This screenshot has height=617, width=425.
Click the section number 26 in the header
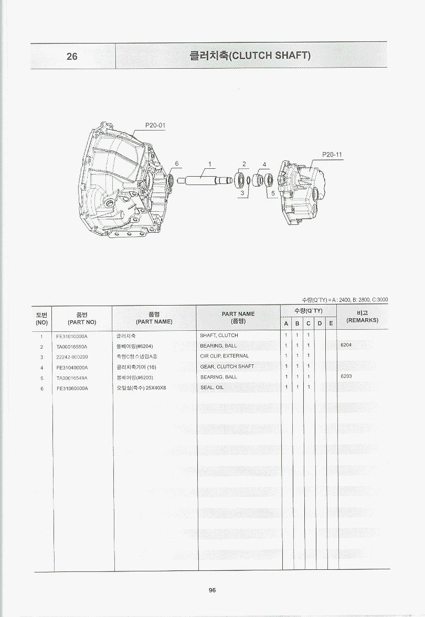[72, 56]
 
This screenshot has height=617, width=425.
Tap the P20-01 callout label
[155, 126]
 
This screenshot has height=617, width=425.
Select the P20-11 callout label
[332, 155]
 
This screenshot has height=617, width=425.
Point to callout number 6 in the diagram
[177, 164]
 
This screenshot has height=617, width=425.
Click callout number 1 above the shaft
[209, 164]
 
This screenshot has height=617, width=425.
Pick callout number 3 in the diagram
[242, 193]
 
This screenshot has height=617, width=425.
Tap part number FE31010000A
[72, 335]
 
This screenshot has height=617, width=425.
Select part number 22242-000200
[72, 356]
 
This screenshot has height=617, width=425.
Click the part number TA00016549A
[72, 377]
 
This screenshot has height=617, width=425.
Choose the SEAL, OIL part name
[212, 388]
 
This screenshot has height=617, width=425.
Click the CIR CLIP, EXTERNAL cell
[225, 356]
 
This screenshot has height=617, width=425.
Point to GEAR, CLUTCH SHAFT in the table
[227, 367]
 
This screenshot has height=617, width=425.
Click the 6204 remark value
[346, 346]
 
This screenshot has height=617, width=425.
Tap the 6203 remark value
[346, 377]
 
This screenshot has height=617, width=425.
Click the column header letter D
[320, 323]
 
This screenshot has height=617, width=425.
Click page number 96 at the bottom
[212, 590]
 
